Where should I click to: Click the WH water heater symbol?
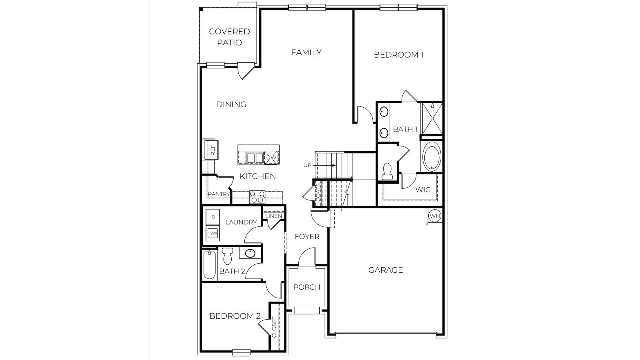(434, 216)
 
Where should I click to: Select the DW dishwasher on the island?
(271, 158)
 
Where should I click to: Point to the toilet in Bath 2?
(228, 256)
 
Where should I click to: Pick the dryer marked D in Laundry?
(213, 217)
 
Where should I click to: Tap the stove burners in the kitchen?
(257, 196)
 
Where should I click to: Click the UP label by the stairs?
(307, 165)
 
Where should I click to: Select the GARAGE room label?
(386, 270)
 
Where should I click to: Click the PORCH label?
(307, 287)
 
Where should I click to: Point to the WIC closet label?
(423, 189)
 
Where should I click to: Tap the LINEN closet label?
(274, 216)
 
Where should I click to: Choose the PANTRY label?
(219, 194)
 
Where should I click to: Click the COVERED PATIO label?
(230, 37)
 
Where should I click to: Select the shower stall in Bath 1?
(432, 118)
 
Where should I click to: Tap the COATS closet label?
(318, 192)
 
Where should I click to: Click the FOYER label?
(307, 236)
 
